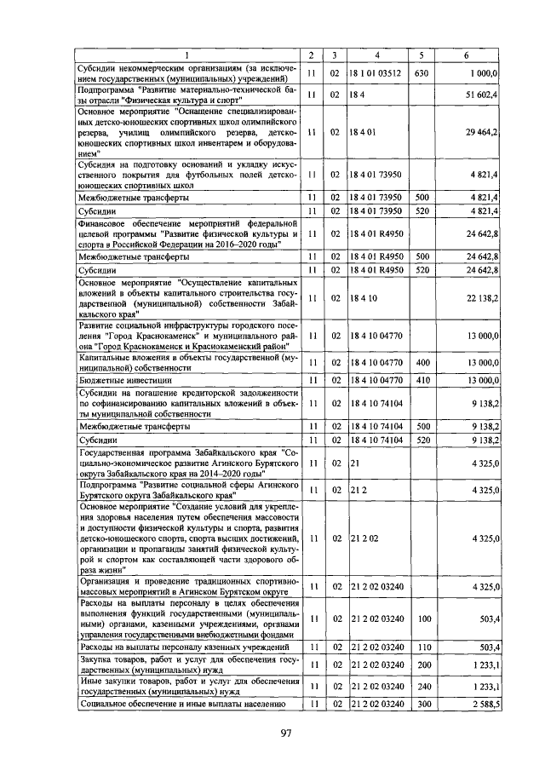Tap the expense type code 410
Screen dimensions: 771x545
coord(421,380)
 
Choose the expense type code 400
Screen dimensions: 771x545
coord(421,362)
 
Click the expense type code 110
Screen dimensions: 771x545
coord(421,649)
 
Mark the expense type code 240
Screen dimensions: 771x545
coord(421,687)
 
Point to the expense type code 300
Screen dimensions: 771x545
coord(421,705)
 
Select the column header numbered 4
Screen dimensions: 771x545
coord(377,56)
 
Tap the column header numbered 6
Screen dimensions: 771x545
coord(466,56)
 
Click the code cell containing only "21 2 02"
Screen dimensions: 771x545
coord(364,538)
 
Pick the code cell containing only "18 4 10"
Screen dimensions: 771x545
coord(362,298)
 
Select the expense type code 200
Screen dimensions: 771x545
coord(421,667)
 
